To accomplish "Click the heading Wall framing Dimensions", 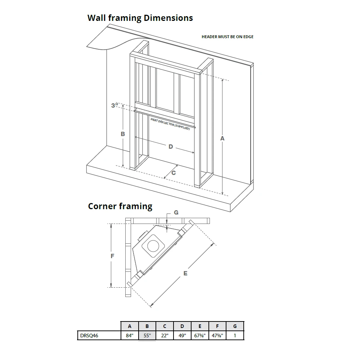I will tap(140, 18).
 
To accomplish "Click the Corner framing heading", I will tap(120, 206).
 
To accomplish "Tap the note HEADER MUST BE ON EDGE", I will tap(228, 37).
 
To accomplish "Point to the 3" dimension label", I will tap(115, 105).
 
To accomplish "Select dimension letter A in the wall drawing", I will tap(222, 138).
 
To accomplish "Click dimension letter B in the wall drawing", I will tap(123, 134).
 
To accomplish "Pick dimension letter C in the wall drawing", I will tap(173, 173).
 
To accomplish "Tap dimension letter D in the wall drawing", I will tap(171, 147).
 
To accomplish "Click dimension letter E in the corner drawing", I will tap(185, 274).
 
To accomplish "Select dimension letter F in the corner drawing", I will tap(112, 256).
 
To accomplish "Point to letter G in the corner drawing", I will tap(176, 213).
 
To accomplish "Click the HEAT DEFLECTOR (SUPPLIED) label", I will tap(170, 124).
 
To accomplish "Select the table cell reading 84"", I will tap(130, 336).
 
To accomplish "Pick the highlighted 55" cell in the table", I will tap(147, 336).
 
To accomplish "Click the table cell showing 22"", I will tap(165, 336).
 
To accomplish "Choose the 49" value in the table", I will tap(182, 336).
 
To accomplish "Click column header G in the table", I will tap(235, 327).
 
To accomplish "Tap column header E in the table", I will tap(200, 327).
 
